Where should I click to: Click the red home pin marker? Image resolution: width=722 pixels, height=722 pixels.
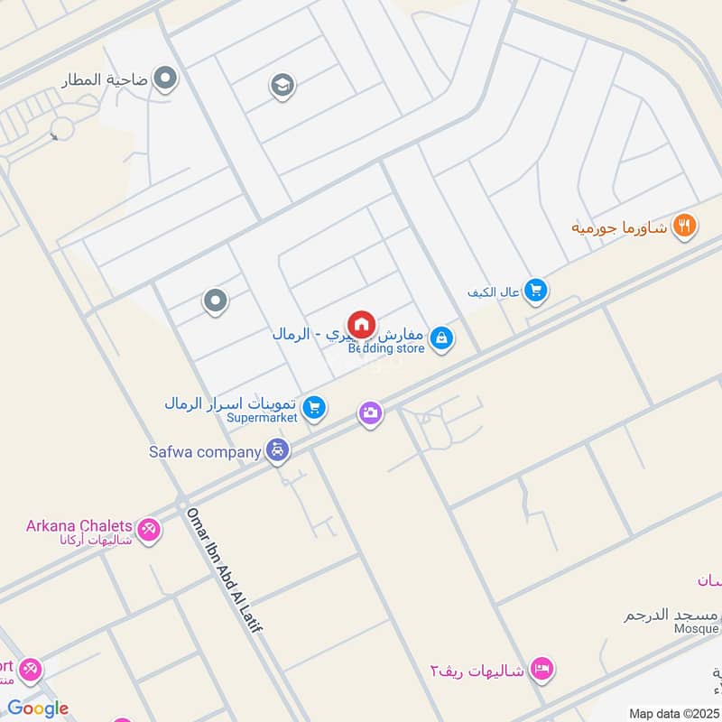pyautogui.click(x=361, y=325)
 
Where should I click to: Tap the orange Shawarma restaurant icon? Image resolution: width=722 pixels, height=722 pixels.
pyautogui.click(x=685, y=226)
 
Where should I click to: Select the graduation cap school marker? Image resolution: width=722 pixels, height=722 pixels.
pyautogui.click(x=282, y=87)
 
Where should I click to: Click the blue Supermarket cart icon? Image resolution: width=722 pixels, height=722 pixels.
pyautogui.click(x=314, y=409)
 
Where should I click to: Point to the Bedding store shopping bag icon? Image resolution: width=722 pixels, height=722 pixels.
pyautogui.click(x=441, y=338)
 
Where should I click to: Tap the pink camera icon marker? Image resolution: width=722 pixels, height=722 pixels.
pyautogui.click(x=370, y=414)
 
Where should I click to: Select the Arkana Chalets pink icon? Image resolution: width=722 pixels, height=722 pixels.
pyautogui.click(x=149, y=529)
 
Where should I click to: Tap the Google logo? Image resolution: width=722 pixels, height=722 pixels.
pyautogui.click(x=38, y=708)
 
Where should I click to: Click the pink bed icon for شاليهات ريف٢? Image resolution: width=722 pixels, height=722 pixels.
pyautogui.click(x=541, y=669)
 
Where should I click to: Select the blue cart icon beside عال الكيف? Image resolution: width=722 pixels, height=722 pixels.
pyautogui.click(x=536, y=290)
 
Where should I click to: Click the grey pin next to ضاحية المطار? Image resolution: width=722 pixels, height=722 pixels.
pyautogui.click(x=165, y=79)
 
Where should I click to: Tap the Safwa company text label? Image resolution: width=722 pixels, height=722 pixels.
pyautogui.click(x=206, y=450)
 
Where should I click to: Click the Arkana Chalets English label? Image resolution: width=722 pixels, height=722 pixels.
pyautogui.click(x=79, y=525)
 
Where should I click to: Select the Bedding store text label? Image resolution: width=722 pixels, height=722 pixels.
pyautogui.click(x=386, y=348)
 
